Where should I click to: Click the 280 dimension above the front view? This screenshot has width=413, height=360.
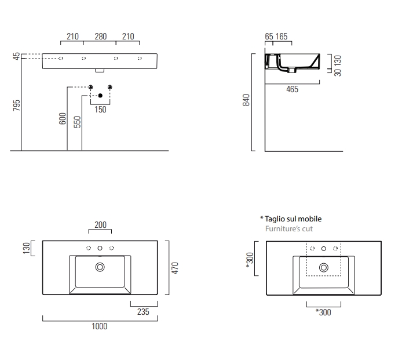pyautogui.click(x=101, y=37)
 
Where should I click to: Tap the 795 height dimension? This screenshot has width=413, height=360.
pyautogui.click(x=17, y=106)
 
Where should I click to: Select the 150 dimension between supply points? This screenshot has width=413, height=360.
pyautogui.click(x=100, y=110)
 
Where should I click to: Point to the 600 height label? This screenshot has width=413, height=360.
pyautogui.click(x=63, y=119)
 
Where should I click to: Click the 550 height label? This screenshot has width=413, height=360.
pyautogui.click(x=77, y=122)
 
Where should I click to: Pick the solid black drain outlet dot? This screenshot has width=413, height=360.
pyautogui.click(x=100, y=96)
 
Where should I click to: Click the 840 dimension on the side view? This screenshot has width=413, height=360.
pyautogui.click(x=246, y=100)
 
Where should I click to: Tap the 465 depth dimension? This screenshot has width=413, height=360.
pyautogui.click(x=293, y=89)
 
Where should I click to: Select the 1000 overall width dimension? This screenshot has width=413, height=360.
pyautogui.click(x=99, y=326)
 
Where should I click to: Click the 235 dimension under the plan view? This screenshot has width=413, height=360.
pyautogui.click(x=143, y=312)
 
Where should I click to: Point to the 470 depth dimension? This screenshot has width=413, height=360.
pyautogui.click(x=175, y=268)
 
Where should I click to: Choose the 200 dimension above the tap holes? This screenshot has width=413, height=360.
pyautogui.click(x=100, y=225)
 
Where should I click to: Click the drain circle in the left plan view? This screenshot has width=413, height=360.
pyautogui.click(x=100, y=267)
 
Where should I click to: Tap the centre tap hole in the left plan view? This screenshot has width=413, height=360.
pyautogui.click(x=100, y=248)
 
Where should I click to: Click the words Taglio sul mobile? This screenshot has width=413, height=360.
pyautogui.click(x=293, y=219)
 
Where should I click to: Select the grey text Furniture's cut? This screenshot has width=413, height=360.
pyautogui.click(x=289, y=229)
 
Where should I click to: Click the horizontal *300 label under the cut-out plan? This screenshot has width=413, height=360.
pyautogui.click(x=323, y=312)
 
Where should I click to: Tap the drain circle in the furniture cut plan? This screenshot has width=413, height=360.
pyautogui.click(x=324, y=268)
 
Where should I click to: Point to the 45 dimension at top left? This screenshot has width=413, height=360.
pyautogui.click(x=17, y=56)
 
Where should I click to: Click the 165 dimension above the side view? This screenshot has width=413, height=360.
pyautogui.click(x=282, y=37)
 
